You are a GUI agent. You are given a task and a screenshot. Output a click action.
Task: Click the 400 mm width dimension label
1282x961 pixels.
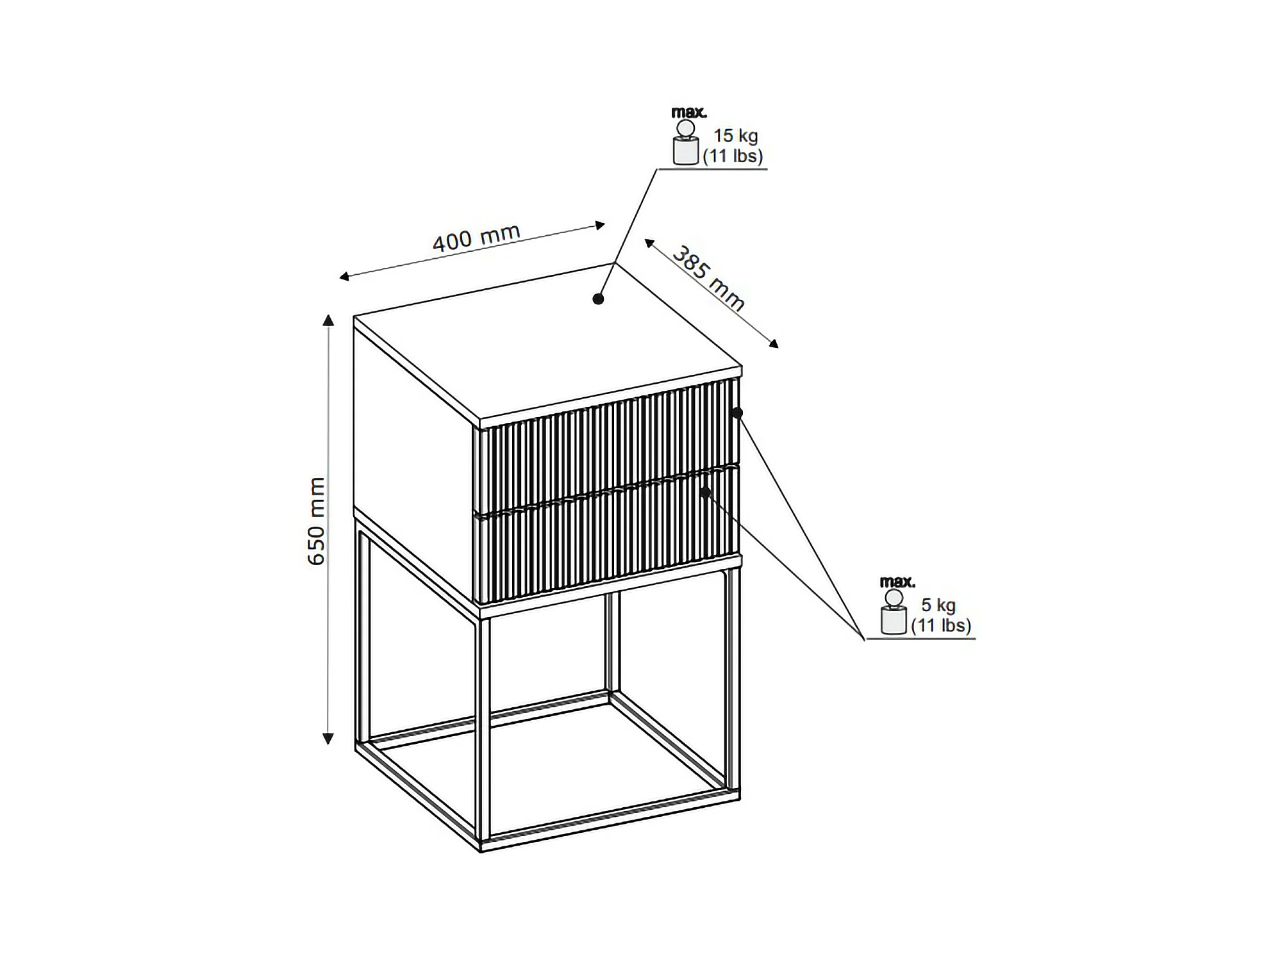476,238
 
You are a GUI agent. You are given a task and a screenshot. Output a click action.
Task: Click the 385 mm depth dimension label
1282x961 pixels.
708,279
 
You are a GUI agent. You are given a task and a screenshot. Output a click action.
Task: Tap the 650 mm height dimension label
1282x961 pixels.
317,521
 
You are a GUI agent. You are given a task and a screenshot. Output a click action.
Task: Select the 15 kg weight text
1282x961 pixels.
736,136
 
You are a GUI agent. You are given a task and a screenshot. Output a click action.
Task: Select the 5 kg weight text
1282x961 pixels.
938,605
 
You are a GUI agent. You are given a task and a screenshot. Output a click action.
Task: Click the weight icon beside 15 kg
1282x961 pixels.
685,142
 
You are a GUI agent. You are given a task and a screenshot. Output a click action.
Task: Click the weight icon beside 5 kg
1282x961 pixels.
894,612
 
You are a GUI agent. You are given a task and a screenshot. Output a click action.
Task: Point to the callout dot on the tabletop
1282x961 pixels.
598,299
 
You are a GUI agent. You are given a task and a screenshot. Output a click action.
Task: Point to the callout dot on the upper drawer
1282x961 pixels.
737,413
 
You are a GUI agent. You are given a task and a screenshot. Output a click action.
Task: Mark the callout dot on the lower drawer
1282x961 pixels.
706,492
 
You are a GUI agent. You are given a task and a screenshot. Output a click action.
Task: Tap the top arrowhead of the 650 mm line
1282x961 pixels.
328,320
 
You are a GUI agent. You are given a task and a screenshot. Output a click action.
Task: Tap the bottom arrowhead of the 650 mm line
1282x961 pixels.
328,739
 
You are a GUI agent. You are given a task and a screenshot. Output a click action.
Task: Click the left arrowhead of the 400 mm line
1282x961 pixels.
344,277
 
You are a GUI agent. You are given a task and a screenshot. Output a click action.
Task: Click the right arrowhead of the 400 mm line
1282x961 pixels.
600,225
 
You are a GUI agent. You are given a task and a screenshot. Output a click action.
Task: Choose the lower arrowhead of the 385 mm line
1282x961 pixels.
774,343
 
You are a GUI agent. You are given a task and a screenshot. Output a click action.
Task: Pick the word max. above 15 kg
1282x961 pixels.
689,112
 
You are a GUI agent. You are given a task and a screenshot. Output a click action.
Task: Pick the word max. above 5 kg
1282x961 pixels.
897,582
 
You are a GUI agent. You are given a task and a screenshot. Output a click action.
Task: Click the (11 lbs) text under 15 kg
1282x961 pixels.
733,156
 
